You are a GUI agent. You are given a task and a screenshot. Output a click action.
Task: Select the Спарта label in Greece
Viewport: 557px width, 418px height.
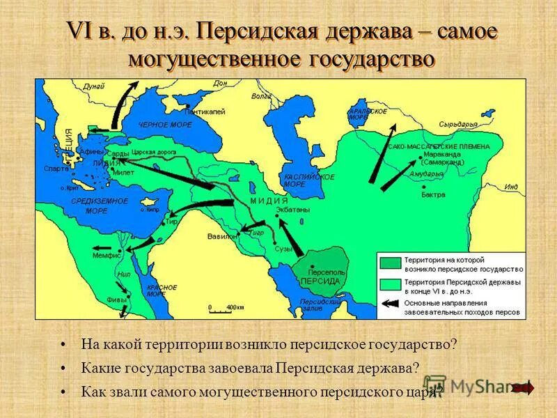(56, 169)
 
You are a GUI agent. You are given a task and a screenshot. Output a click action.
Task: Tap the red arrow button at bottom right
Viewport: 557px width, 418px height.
(524, 387)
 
